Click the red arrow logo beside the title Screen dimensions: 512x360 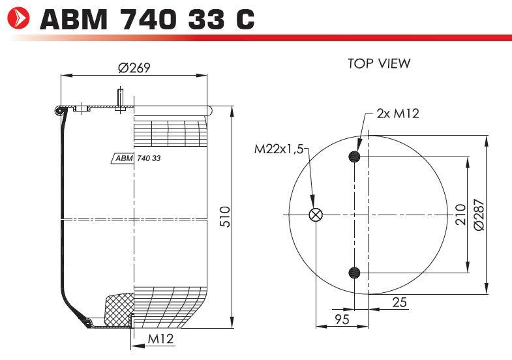coord(19,18)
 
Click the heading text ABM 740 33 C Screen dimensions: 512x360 coord(147,20)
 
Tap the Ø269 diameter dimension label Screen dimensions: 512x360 coord(134,68)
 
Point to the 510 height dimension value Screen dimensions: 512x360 coord(225,217)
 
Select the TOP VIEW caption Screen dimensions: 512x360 coord(379,63)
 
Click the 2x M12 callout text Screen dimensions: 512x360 coord(398,113)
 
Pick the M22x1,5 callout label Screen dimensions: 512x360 coord(279,149)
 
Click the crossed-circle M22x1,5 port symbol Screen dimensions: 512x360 coord(316,215)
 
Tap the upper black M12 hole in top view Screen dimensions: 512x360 coord(354,157)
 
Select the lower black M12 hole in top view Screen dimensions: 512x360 coord(354,273)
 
